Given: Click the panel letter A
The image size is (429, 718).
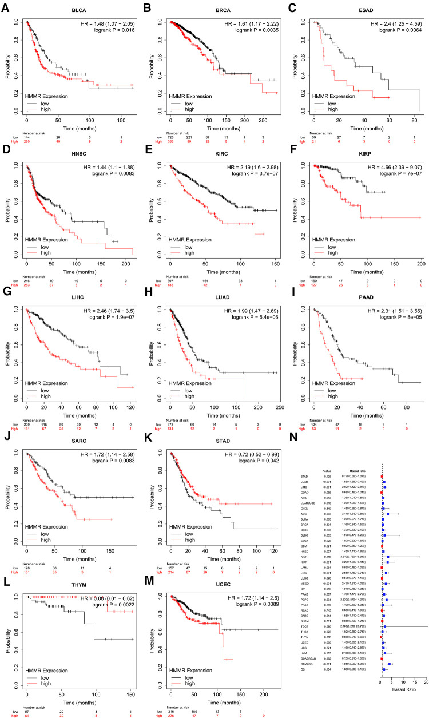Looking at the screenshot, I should coord(5,7).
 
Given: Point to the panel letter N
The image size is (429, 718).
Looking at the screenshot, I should coord(292,437).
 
